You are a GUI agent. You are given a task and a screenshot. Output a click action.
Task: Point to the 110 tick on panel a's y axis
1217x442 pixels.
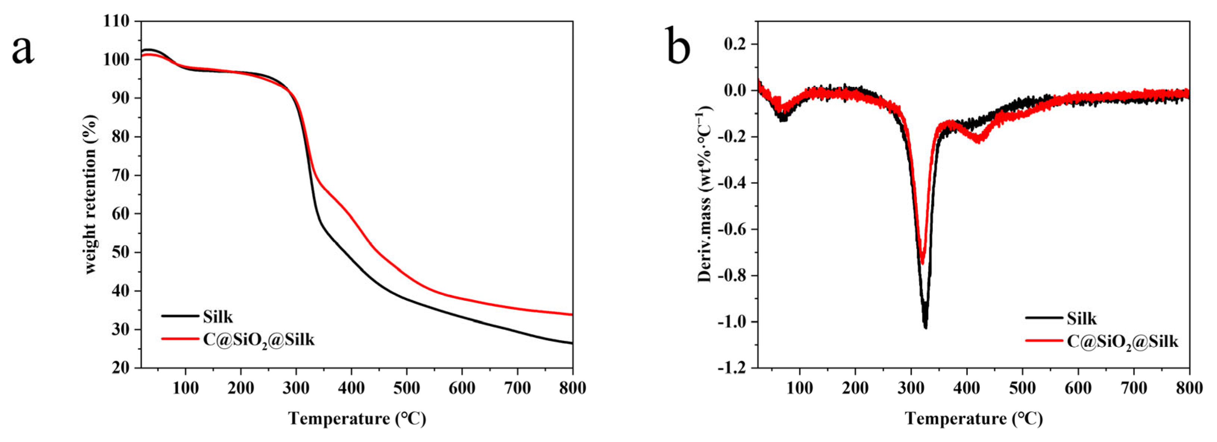coord(116,21)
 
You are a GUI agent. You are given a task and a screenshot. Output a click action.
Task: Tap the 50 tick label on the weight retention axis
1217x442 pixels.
coord(121,252)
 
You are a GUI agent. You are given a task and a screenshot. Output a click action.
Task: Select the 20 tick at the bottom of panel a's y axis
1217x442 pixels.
coord(121,368)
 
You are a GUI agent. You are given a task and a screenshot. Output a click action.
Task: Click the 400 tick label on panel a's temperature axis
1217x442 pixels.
coord(351,388)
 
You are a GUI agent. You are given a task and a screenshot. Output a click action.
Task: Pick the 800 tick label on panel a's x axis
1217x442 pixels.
coord(572,388)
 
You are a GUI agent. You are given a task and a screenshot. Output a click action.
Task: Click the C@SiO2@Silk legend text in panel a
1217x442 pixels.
coord(259,340)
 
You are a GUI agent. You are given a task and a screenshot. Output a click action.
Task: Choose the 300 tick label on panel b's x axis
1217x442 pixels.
coord(911,388)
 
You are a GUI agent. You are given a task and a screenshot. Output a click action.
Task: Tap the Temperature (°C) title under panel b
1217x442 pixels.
coord(974,419)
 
